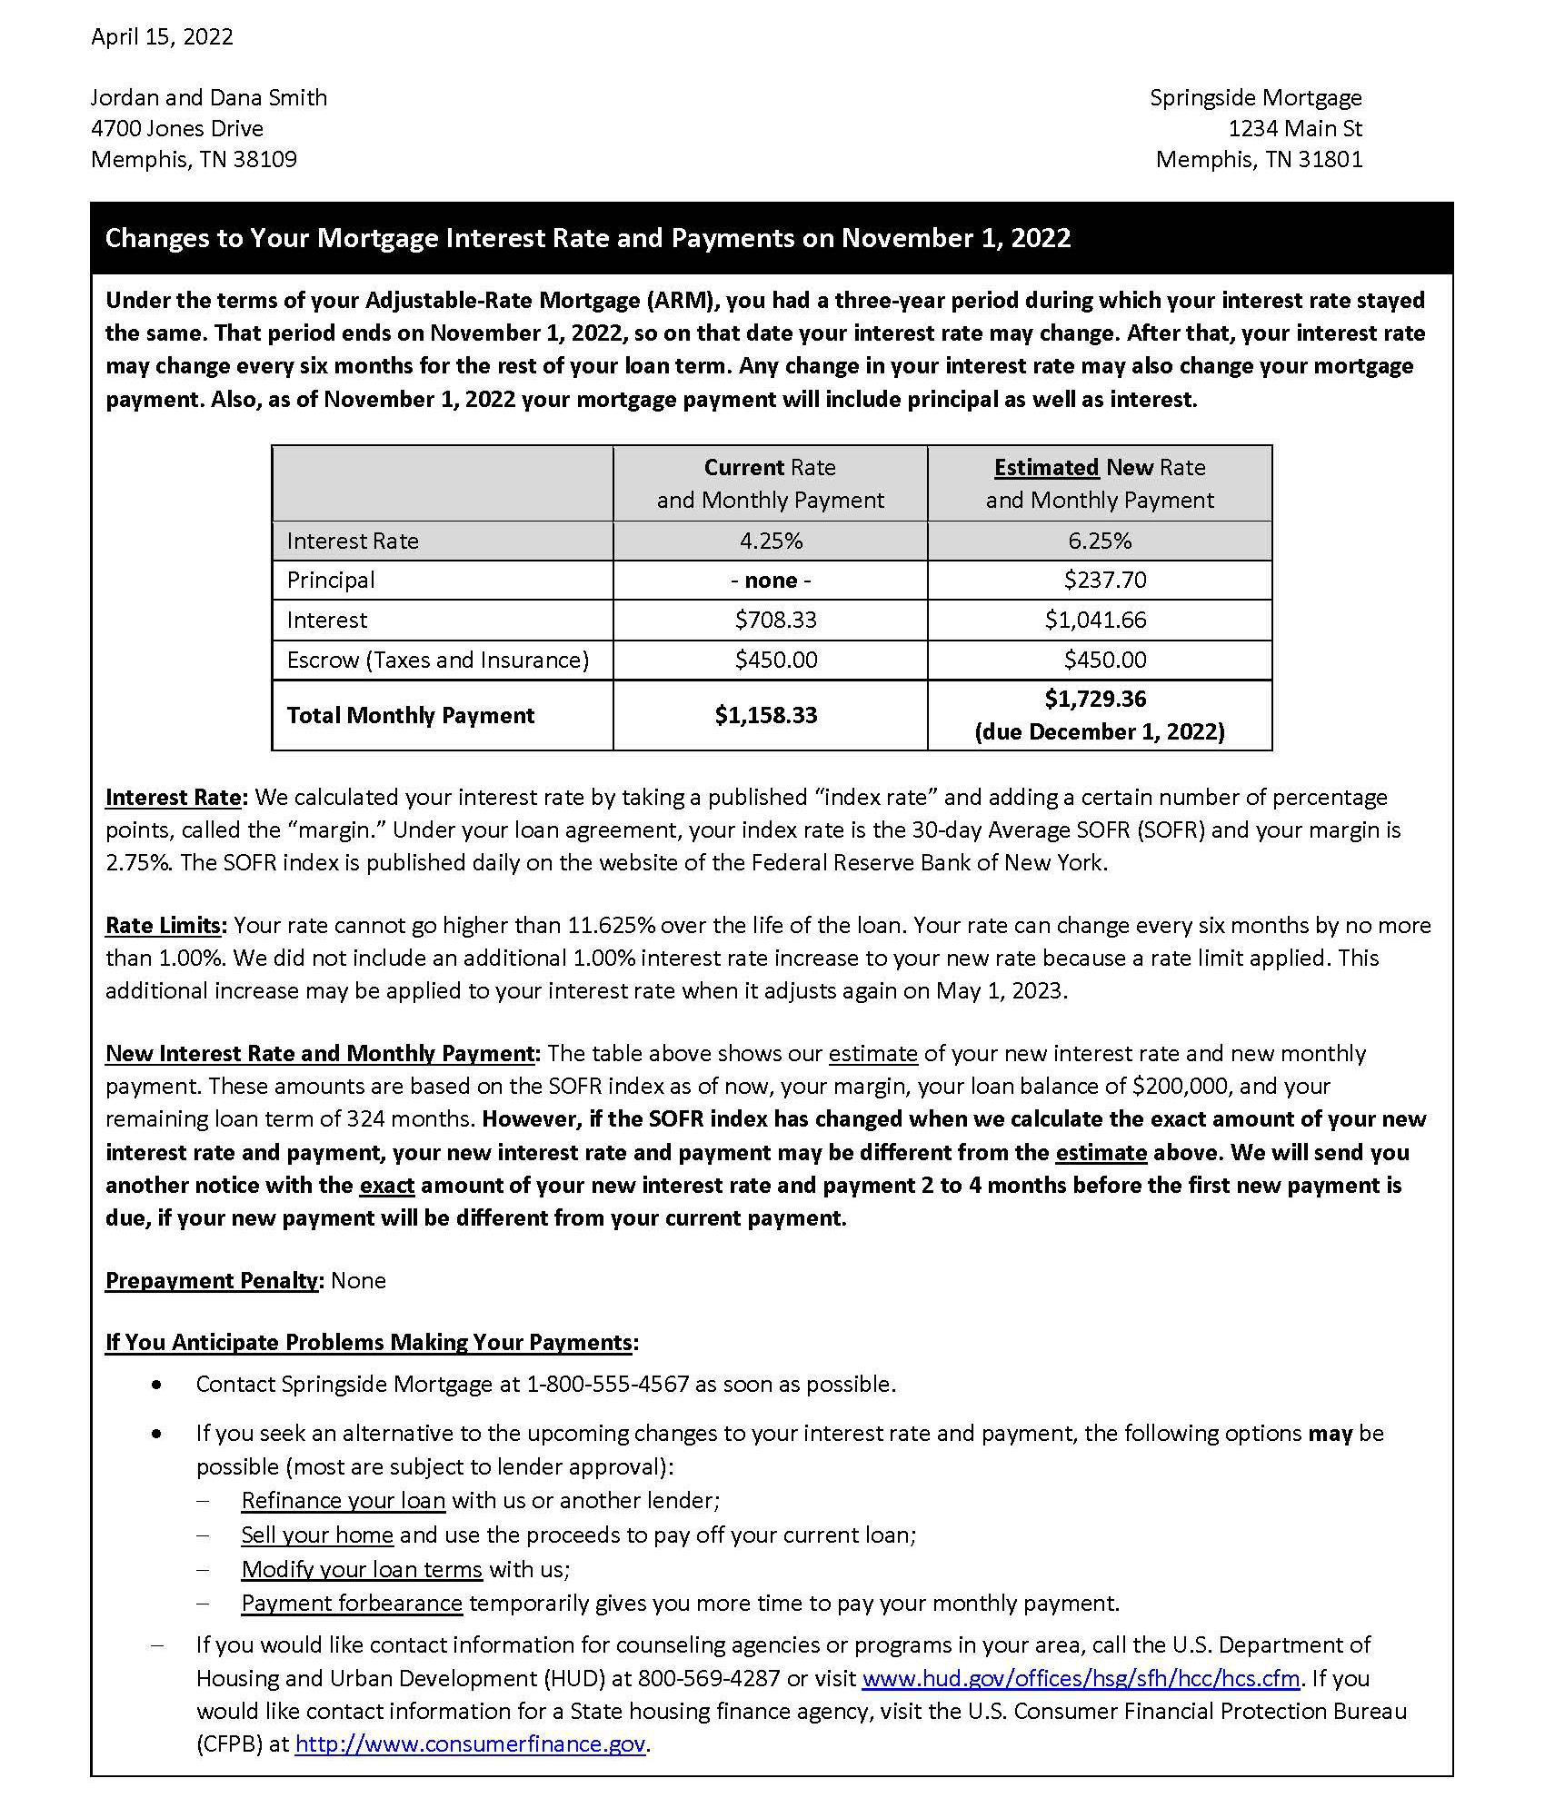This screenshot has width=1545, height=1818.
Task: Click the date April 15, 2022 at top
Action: pyautogui.click(x=162, y=37)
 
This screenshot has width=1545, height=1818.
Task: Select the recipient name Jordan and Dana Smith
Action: pyautogui.click(x=208, y=98)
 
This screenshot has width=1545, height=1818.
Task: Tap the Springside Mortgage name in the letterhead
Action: pyautogui.click(x=1255, y=98)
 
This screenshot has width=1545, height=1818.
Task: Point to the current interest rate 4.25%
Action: pyautogui.click(x=771, y=541)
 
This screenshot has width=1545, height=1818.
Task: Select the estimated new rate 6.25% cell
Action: pyautogui.click(x=1100, y=541)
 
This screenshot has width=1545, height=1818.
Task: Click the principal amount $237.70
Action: pyautogui.click(x=1104, y=581)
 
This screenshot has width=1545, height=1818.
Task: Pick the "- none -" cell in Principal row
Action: pyautogui.click(x=771, y=581)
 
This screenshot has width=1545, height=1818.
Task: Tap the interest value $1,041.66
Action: pyautogui.click(x=1095, y=621)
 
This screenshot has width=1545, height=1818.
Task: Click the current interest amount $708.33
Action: pyautogui.click(x=775, y=621)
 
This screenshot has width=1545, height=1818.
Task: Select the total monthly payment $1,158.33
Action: pyautogui.click(x=765, y=716)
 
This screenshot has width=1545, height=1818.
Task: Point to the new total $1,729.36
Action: pyautogui.click(x=1095, y=700)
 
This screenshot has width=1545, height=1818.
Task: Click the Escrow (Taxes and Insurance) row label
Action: pyautogui.click(x=437, y=661)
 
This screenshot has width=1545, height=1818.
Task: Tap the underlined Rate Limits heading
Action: pyautogui.click(x=164, y=926)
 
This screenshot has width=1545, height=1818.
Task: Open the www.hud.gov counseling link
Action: pyautogui.click(x=1081, y=1678)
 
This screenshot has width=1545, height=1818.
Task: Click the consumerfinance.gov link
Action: pyautogui.click(x=470, y=1744)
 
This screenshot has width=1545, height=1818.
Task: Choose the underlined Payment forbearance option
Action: pyautogui.click(x=352, y=1604)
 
